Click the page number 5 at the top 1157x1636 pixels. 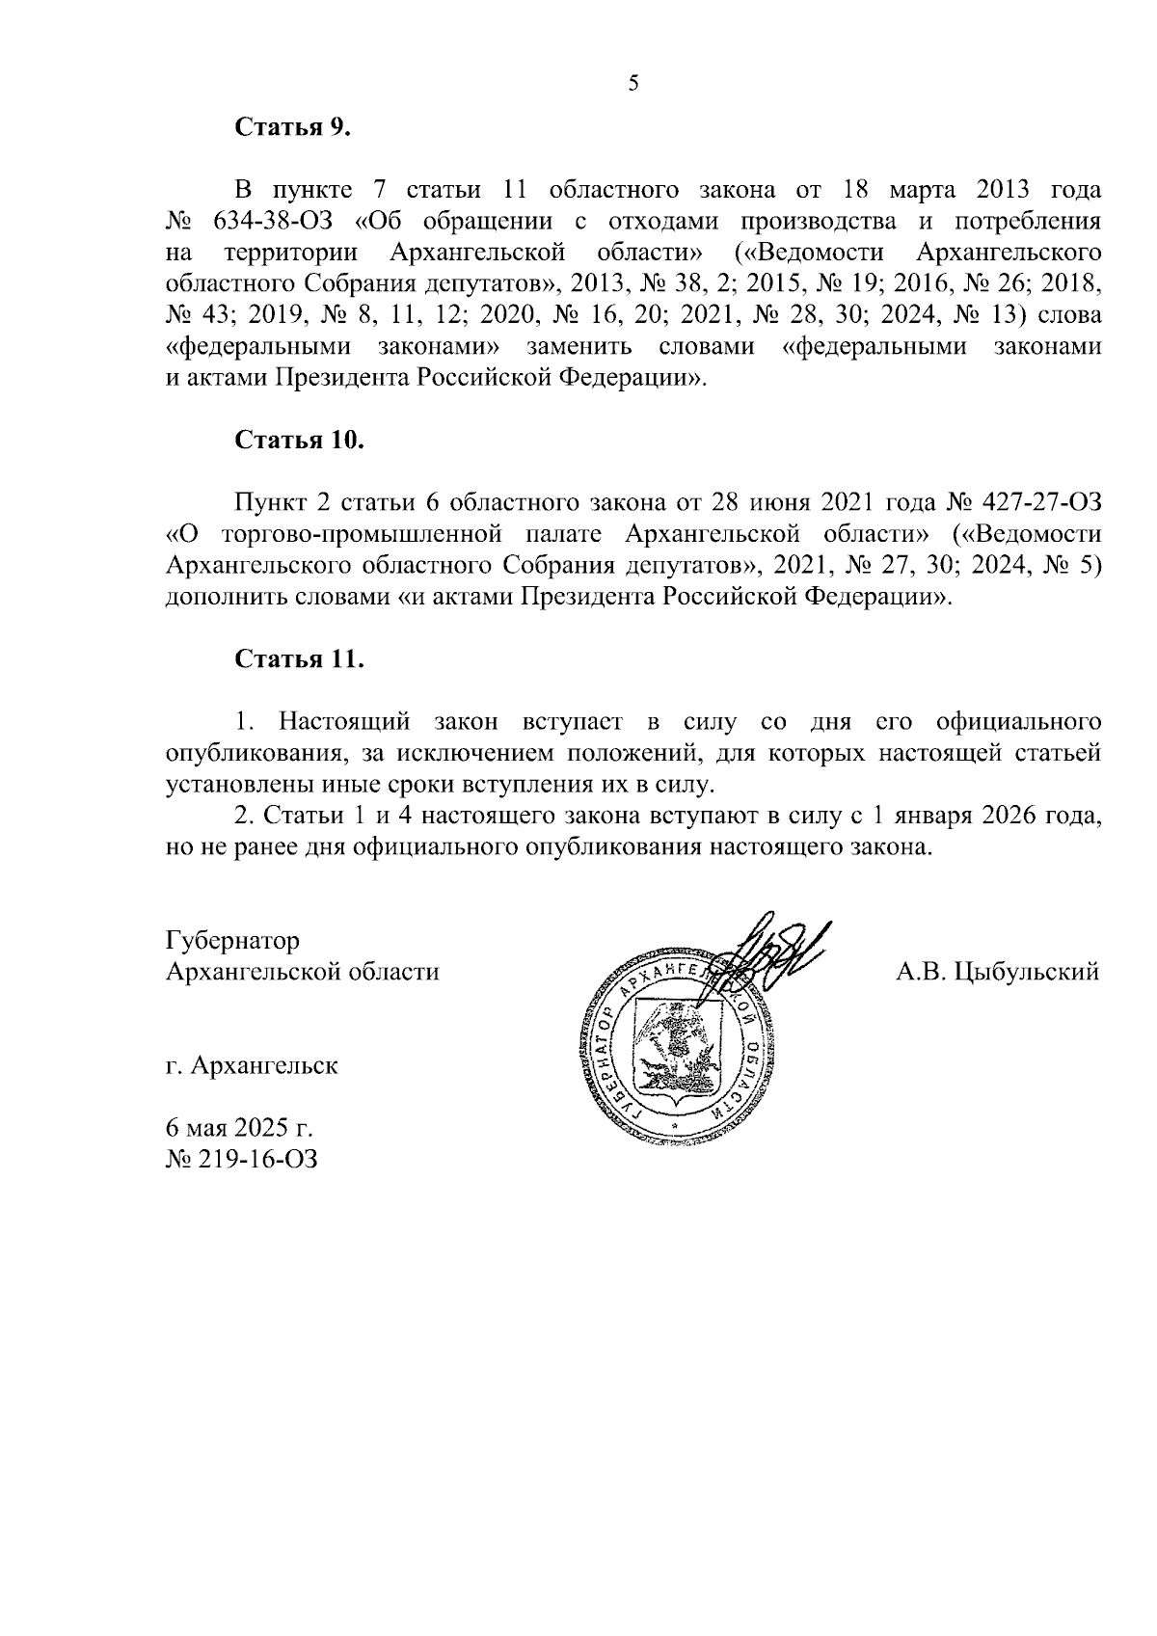click(x=632, y=84)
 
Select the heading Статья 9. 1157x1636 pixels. click(x=292, y=128)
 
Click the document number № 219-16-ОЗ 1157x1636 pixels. click(x=242, y=1158)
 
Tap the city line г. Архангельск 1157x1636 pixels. click(x=252, y=1066)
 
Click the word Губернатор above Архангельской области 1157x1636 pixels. click(x=232, y=940)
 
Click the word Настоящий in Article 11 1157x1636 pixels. click(x=344, y=721)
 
